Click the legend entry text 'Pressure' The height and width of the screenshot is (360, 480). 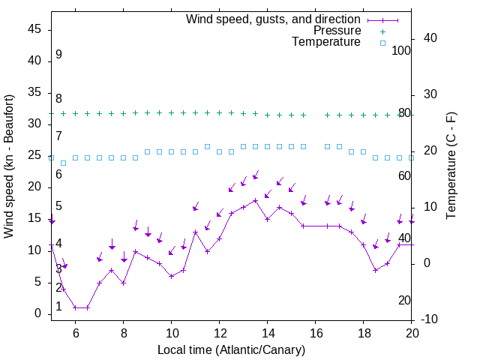337,31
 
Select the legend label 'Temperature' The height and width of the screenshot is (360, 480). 326,42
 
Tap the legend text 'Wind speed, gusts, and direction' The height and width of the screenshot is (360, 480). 274,19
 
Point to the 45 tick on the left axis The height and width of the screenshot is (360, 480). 34,29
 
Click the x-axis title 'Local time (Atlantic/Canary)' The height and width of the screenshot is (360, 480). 231,349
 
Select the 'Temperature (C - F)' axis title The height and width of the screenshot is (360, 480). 451,166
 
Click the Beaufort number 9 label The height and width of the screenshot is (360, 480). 58,55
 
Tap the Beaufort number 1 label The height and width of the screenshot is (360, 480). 58,307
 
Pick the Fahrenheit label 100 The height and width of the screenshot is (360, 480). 402,50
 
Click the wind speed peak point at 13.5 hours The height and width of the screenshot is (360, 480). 256,200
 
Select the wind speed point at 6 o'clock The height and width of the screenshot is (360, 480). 76,307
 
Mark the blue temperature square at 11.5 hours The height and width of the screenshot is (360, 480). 208,146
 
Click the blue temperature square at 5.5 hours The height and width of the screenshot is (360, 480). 64,163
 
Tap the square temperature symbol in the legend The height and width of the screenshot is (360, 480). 382,43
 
